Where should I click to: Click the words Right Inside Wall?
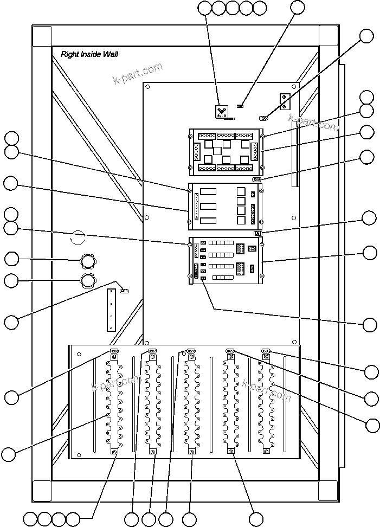(x=89, y=54)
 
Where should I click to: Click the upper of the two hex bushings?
(x=87, y=261)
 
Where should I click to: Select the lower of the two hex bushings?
(x=87, y=280)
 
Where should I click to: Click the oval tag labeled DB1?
(x=259, y=233)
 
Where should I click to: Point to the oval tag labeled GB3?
(x=124, y=291)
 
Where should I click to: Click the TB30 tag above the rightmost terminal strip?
(x=266, y=351)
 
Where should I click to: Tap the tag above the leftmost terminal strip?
(x=114, y=351)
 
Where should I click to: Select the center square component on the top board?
(x=217, y=151)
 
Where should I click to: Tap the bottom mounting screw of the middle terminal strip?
(x=191, y=452)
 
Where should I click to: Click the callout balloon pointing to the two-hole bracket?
(x=366, y=36)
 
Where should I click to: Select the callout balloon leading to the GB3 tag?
(x=11, y=322)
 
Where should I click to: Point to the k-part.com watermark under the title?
(x=138, y=74)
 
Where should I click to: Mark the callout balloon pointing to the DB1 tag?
(x=369, y=218)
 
